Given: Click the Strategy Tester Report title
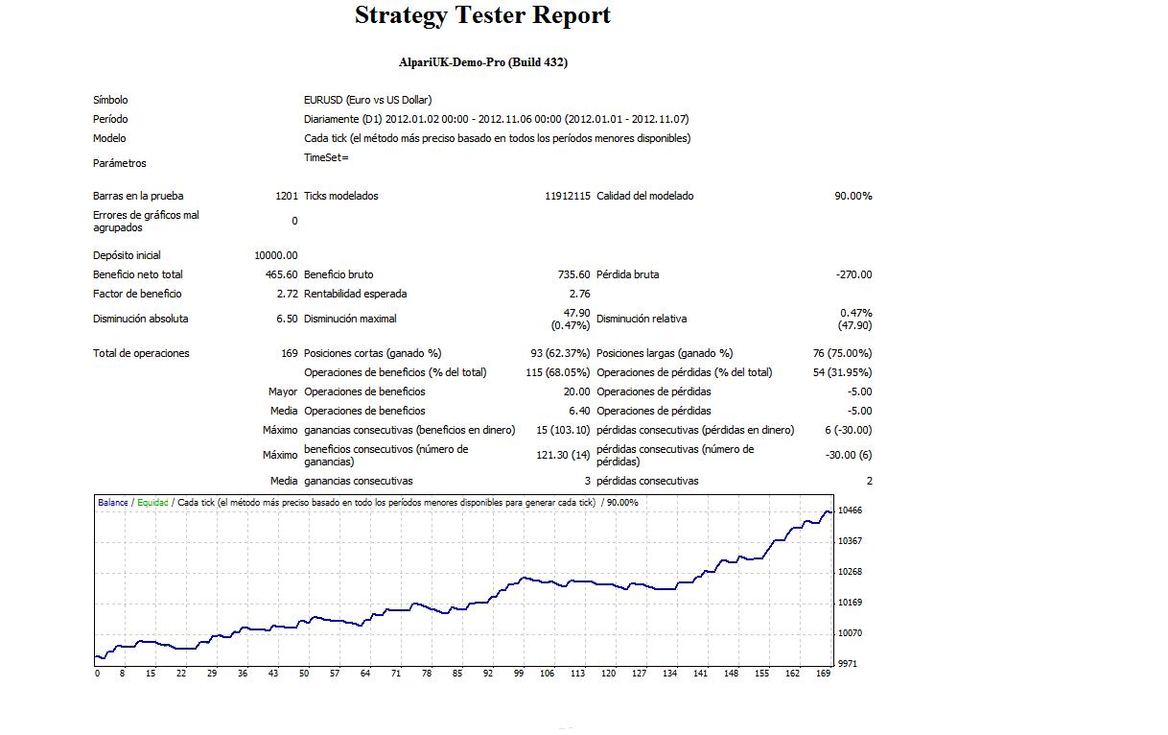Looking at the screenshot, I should point(482,16).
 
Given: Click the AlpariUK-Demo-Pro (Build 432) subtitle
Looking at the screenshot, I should point(483,62).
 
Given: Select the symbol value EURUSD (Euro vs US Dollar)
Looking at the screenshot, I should point(367,100).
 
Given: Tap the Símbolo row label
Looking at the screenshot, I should point(110,100).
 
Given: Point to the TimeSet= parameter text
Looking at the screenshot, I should point(326,157).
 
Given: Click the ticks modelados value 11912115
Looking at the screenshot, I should point(568,196).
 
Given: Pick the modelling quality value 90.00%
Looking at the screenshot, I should point(853,196).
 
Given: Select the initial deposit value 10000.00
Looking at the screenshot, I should point(276,255).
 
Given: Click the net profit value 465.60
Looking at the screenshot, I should point(282,274).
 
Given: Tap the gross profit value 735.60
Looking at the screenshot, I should point(574,274).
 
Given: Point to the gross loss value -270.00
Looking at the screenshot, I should point(853,274).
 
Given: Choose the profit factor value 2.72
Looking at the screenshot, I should point(287,294).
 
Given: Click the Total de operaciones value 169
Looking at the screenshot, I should point(289,353).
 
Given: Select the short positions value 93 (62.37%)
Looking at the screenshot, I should point(558,353).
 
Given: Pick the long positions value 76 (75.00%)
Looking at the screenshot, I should point(842,353).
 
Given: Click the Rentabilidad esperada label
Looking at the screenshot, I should point(355,294).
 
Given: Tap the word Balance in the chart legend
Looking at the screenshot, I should point(112,503).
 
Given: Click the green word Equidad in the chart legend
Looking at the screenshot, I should point(152,503).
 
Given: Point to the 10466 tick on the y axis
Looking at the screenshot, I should point(850,510).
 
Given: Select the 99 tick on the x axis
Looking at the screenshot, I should point(518,674).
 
